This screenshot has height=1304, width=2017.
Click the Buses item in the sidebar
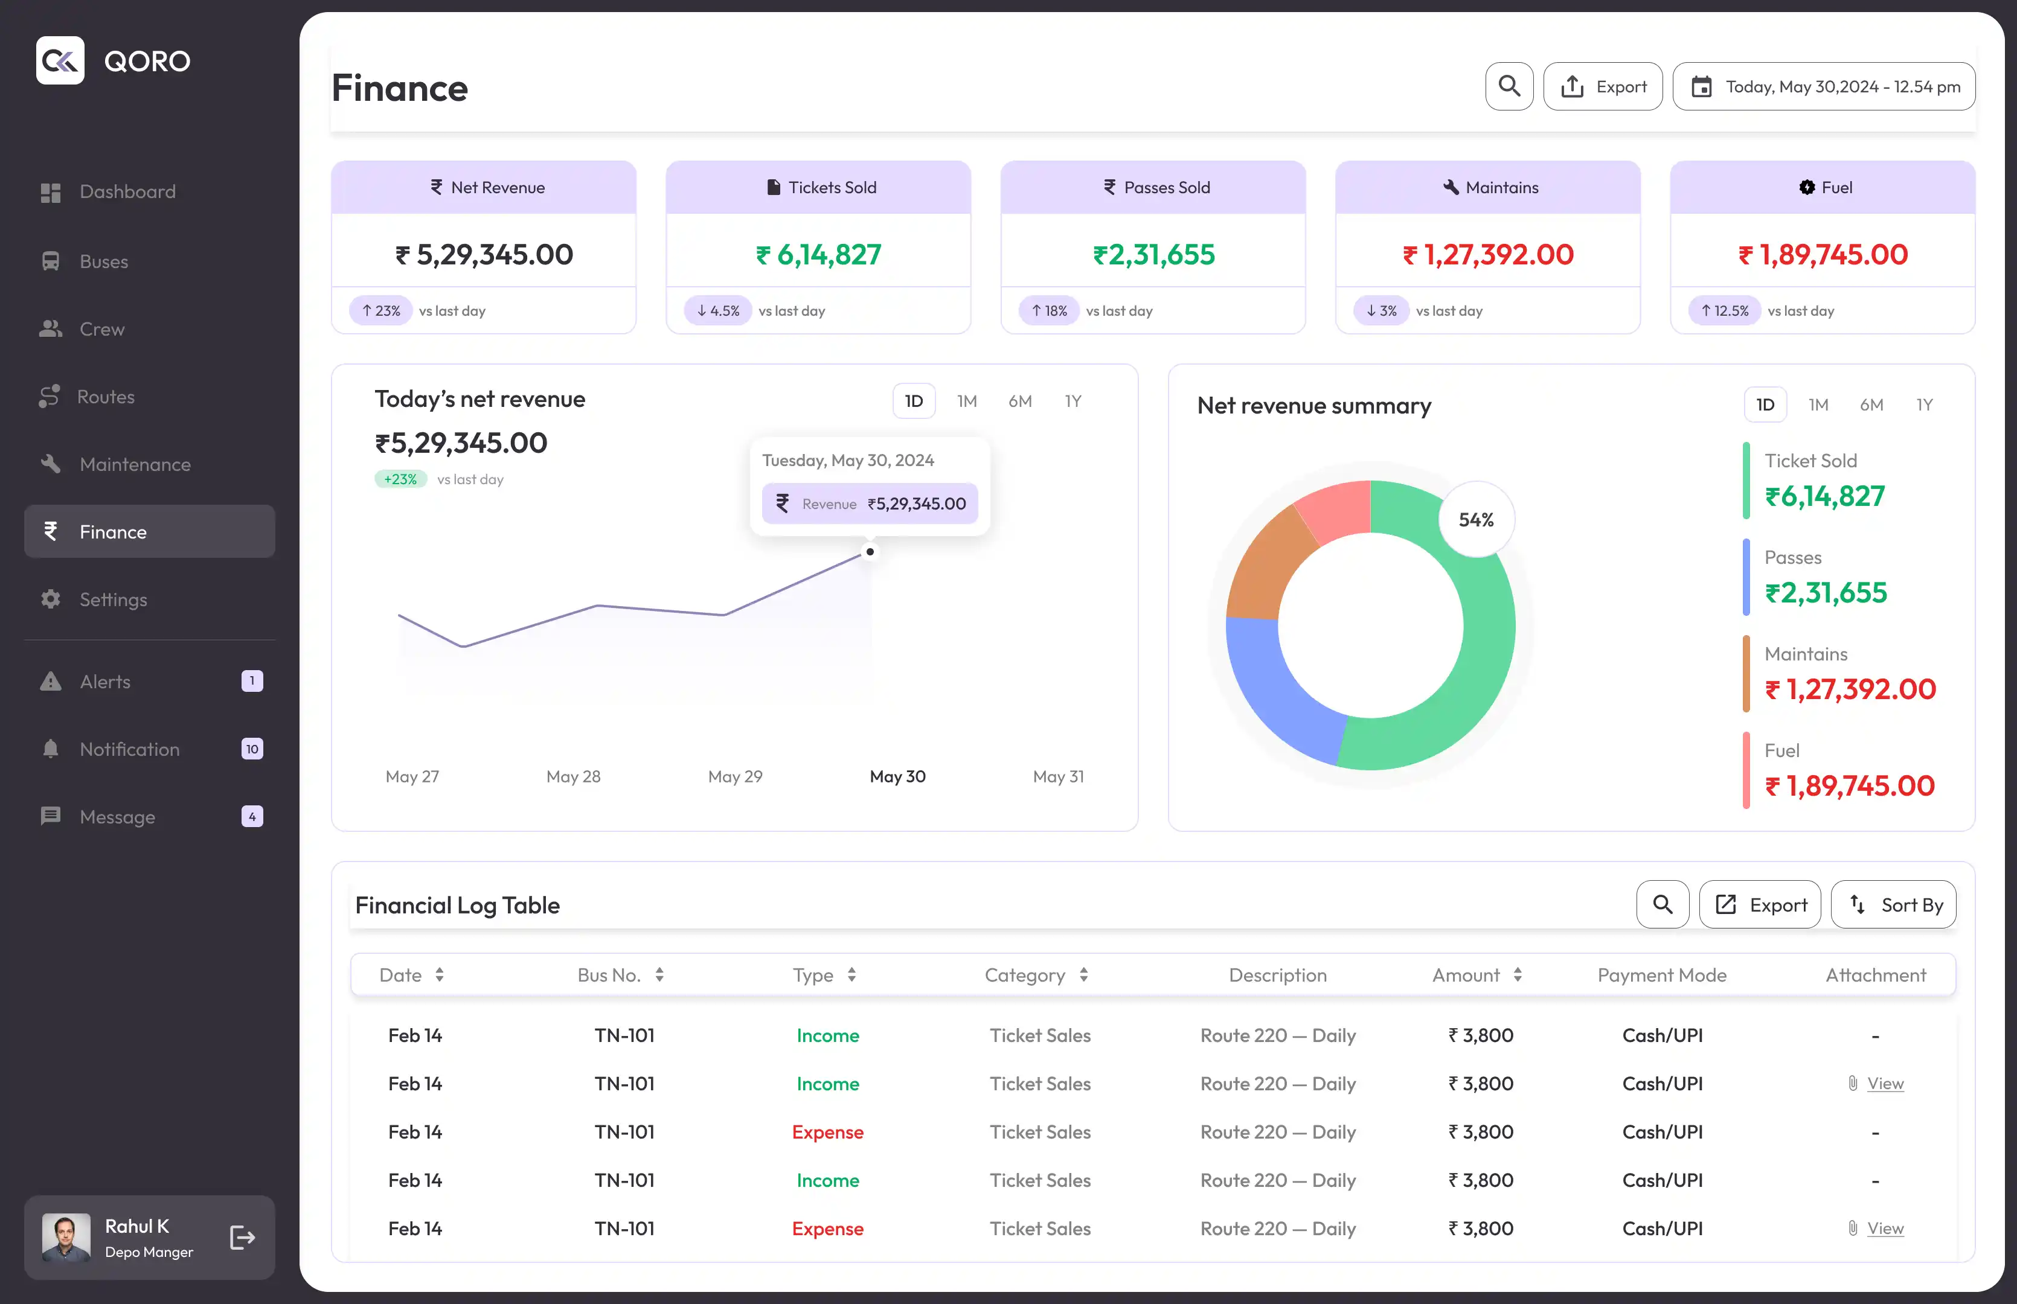click(85, 261)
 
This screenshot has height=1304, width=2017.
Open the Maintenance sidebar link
click(115, 464)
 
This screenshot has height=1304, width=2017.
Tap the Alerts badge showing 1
click(252, 681)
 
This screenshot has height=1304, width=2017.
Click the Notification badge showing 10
click(252, 749)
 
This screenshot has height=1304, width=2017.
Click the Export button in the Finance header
click(1603, 86)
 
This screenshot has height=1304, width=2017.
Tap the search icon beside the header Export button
click(1509, 86)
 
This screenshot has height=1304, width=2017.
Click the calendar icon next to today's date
click(1701, 86)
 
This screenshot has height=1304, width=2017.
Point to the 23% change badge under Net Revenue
click(381, 311)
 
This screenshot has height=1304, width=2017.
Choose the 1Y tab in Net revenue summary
click(1924, 404)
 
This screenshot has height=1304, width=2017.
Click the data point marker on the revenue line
click(870, 552)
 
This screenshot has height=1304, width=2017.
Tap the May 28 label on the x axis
click(573, 776)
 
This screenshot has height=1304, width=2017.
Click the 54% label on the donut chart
click(1476, 520)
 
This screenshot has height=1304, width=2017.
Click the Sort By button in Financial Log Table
click(1893, 904)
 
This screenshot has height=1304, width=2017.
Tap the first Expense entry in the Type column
click(827, 1132)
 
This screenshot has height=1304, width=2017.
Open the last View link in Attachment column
click(1885, 1228)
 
